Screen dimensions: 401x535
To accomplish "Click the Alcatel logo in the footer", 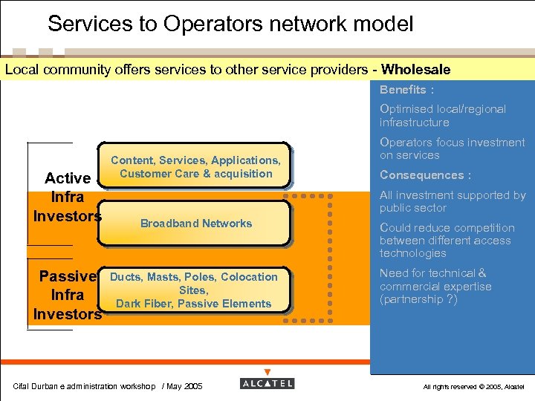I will pos(267,383).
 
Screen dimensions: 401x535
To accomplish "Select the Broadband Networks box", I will pos(195,223).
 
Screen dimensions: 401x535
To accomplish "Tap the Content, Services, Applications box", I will pos(195,167).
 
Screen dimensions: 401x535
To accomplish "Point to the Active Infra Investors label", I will pos(67,198).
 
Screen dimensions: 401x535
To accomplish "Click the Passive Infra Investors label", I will pos(67,296).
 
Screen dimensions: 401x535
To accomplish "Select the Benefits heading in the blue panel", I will pos(406,90).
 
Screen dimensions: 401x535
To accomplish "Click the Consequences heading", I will pos(425,175).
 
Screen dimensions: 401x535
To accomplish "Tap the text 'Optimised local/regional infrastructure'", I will pos(442,116).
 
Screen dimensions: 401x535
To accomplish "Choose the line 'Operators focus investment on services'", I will pos(452,149).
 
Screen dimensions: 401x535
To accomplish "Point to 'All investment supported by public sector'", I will pos(452,201).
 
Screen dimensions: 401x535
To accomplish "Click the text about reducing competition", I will pos(447,241).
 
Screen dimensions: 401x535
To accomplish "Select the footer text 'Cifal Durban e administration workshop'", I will pos(84,386).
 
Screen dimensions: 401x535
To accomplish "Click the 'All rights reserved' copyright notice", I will pos(473,387).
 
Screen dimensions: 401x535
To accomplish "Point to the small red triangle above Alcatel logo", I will pos(267,372).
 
